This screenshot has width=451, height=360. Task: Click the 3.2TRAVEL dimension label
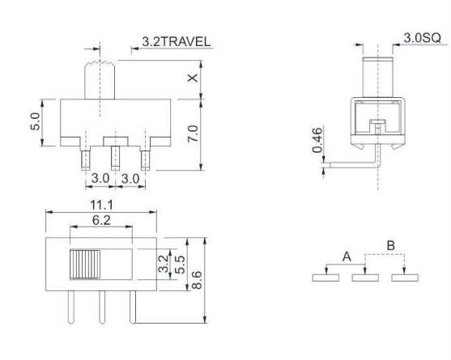(x=177, y=40)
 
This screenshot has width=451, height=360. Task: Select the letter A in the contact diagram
(x=347, y=256)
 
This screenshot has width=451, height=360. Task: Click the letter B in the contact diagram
(x=390, y=243)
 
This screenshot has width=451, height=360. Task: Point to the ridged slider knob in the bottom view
(x=84, y=265)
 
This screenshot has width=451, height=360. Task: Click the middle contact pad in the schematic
(x=366, y=278)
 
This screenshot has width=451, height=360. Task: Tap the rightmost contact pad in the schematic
(x=404, y=278)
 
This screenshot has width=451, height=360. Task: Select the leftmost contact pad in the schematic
(x=327, y=278)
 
